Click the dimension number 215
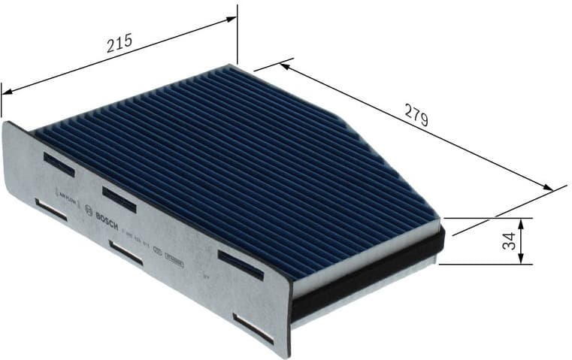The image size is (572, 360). coord(120,43)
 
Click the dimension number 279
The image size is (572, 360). coord(416,117)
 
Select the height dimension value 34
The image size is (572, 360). coord(509,241)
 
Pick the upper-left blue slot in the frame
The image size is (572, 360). coord(59,164)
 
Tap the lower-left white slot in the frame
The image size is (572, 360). coord(51,211)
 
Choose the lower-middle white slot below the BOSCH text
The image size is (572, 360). coord(126,253)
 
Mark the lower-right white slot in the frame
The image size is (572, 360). coord(253,328)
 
